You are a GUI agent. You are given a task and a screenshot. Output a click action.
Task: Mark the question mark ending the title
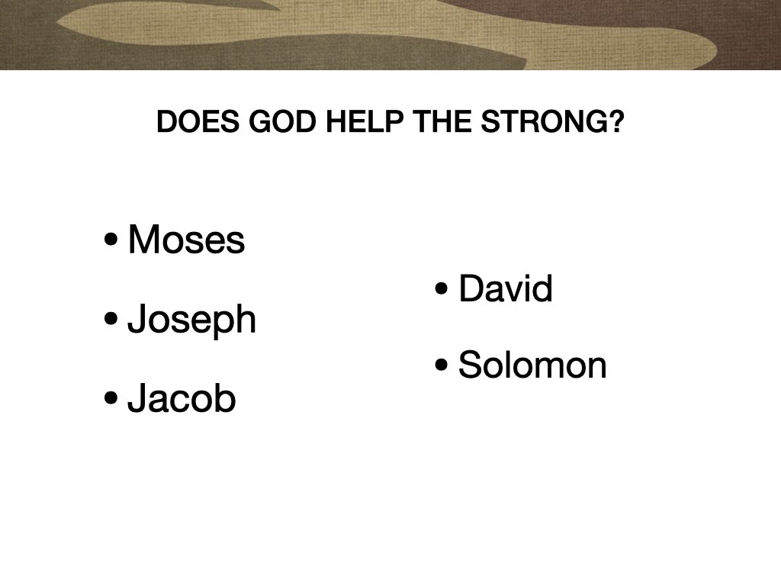[615, 122]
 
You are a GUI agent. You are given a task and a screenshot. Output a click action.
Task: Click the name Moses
[186, 240]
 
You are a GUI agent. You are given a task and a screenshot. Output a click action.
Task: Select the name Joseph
[191, 320]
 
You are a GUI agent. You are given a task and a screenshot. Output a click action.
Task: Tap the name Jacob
[182, 398]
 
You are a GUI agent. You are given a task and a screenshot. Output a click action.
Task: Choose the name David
[506, 289]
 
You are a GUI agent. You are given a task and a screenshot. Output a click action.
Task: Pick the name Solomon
[532, 365]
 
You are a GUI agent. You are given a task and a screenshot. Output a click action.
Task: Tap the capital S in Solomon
[469, 365]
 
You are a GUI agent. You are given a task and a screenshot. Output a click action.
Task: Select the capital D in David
[471, 289]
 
